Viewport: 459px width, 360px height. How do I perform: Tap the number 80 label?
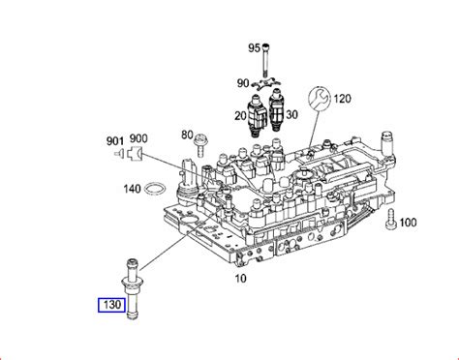188,133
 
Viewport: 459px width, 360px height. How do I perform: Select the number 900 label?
138,140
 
